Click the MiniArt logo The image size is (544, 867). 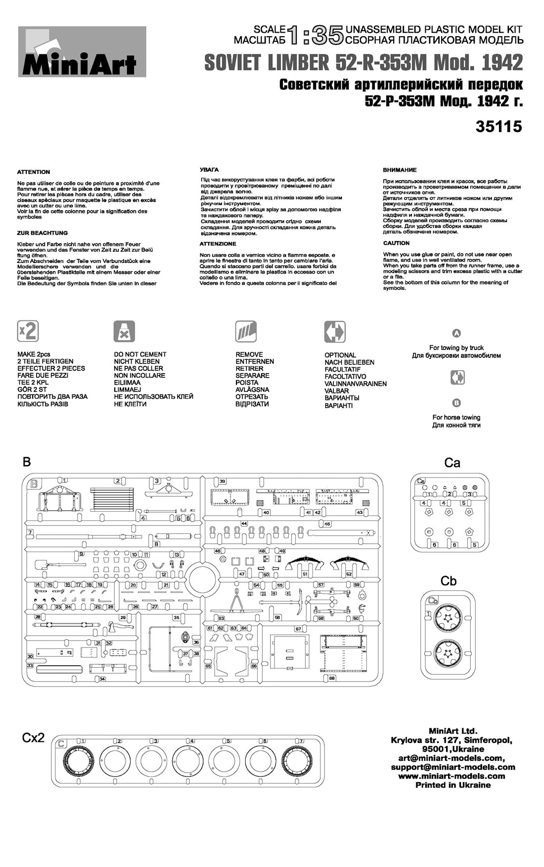tap(82, 52)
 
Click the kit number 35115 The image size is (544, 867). tap(499, 127)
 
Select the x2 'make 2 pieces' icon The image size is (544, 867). tap(28, 331)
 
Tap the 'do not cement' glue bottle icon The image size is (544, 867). tap(124, 331)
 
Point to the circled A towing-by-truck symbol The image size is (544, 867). tap(457, 333)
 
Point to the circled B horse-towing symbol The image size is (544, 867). tap(456, 403)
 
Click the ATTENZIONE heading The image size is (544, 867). tap(218, 244)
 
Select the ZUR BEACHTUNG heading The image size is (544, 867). tap(43, 233)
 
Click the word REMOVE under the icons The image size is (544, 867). tap(249, 354)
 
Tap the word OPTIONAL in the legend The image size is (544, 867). tap(340, 355)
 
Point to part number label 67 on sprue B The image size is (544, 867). tap(298, 629)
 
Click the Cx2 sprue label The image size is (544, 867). tap(33, 738)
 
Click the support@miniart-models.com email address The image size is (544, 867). tap(453, 767)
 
